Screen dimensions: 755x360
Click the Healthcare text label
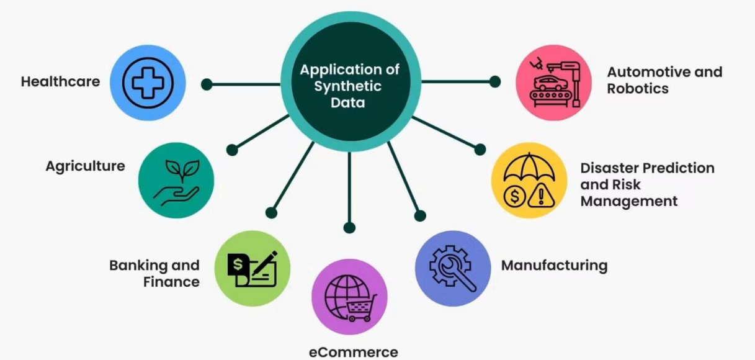(60, 81)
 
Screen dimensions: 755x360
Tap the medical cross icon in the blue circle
(148, 83)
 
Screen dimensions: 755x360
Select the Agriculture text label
(85, 166)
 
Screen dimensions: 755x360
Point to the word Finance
(171, 282)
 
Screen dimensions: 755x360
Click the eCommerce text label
(353, 353)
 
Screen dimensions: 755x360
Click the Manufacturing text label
(555, 265)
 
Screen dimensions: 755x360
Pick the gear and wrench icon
(452, 268)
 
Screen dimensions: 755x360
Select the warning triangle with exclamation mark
(542, 197)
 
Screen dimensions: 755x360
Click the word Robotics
(638, 89)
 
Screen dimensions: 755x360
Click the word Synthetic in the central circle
(348, 86)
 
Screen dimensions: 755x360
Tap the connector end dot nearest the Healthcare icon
(207, 84)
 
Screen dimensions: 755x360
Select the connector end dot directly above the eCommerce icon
(349, 228)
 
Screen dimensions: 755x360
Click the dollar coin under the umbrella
(515, 197)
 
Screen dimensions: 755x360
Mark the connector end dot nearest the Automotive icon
(495, 81)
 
